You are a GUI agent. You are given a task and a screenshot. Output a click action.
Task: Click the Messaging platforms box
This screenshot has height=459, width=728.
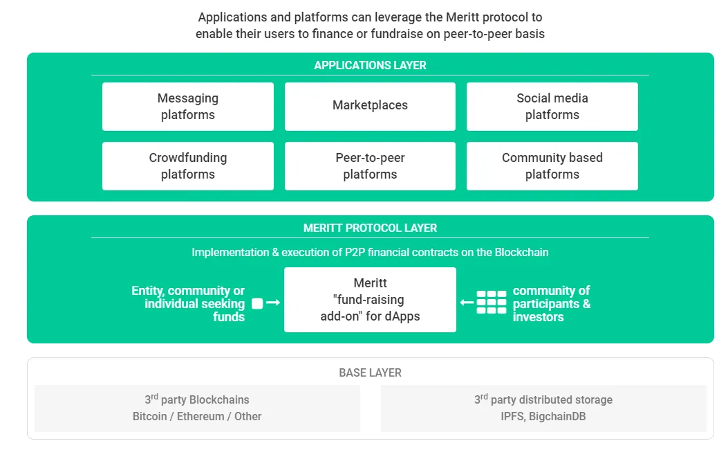pyautogui.click(x=188, y=107)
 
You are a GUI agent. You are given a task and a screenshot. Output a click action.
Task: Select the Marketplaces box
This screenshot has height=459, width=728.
pyautogui.click(x=370, y=107)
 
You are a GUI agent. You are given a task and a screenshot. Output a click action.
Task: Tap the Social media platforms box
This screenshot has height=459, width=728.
pyautogui.click(x=552, y=107)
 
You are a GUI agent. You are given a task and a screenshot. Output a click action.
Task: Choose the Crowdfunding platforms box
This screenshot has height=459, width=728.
pyautogui.click(x=188, y=166)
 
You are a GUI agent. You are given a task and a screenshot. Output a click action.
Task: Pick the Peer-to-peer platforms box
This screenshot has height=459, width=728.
pyautogui.click(x=370, y=166)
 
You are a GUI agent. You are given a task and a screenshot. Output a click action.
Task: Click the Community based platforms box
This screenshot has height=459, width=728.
pyautogui.click(x=552, y=166)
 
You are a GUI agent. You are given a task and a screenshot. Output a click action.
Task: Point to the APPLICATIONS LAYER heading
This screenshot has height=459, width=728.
pyautogui.click(x=370, y=65)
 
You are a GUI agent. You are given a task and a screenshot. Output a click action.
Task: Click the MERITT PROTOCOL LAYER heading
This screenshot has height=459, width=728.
pyautogui.click(x=370, y=228)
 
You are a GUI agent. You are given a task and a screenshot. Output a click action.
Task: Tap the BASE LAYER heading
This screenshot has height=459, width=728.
pyautogui.click(x=370, y=372)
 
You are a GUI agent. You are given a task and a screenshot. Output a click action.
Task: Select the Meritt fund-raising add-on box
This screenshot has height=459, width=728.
pyautogui.click(x=370, y=300)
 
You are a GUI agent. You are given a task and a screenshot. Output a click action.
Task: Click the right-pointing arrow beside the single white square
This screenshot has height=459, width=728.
pyautogui.click(x=273, y=303)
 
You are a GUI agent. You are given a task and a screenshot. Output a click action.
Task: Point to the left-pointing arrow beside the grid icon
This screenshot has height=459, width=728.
pyautogui.click(x=467, y=303)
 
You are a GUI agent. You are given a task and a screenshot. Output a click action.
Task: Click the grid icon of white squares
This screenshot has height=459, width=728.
pyautogui.click(x=492, y=303)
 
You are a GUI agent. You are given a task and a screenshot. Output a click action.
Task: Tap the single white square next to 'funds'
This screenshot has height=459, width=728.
pyautogui.click(x=257, y=304)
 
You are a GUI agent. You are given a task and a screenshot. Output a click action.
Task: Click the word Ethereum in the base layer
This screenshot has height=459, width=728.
pyautogui.click(x=200, y=416)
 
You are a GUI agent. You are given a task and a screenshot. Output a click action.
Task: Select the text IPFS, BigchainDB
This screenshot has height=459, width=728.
pyautogui.click(x=543, y=416)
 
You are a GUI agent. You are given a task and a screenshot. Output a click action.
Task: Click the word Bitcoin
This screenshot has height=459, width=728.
pyautogui.click(x=149, y=416)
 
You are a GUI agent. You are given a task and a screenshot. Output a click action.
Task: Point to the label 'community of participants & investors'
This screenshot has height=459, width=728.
pyautogui.click(x=552, y=304)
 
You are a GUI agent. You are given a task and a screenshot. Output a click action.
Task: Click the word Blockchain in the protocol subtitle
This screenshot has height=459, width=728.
pyautogui.click(x=521, y=252)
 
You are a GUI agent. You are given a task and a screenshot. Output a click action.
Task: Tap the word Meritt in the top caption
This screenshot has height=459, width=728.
pyautogui.click(x=463, y=17)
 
